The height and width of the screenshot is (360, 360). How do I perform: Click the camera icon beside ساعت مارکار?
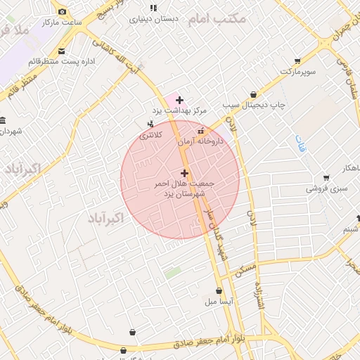(x=63, y=12)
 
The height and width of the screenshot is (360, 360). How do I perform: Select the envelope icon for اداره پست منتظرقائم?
(x=62, y=51)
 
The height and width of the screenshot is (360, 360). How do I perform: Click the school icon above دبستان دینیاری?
(x=153, y=8)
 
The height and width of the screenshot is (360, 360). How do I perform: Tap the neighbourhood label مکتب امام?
(x=217, y=18)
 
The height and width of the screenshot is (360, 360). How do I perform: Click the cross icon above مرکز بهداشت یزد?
(x=180, y=100)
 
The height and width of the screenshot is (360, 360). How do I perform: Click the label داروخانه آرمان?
(x=200, y=141)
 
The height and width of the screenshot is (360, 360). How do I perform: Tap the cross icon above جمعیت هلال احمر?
(x=184, y=173)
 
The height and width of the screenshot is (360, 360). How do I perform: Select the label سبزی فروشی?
(x=326, y=188)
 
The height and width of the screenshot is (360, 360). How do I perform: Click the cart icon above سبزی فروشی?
(x=326, y=178)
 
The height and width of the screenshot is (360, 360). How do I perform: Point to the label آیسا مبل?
(x=219, y=302)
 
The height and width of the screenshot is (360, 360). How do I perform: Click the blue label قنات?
(x=302, y=142)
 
